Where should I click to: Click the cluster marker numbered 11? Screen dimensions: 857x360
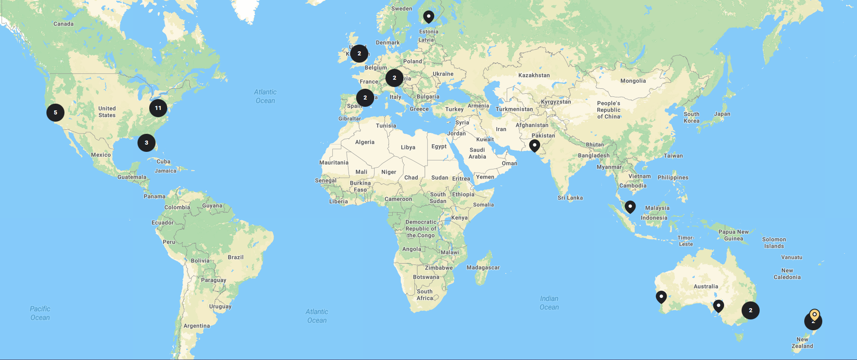tap(158, 108)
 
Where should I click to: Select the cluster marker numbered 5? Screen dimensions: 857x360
tap(55, 113)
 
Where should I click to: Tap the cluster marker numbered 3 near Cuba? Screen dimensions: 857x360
tap(147, 143)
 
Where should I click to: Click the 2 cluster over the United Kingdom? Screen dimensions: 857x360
tap(359, 54)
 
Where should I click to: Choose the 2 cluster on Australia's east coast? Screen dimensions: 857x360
tap(751, 310)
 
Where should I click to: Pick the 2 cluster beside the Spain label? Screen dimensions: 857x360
tap(365, 98)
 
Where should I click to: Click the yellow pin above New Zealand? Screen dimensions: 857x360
tap(814, 314)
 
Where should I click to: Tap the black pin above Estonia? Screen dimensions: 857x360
tap(429, 17)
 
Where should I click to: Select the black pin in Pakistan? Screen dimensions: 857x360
tap(535, 145)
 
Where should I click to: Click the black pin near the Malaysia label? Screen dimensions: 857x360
tap(630, 206)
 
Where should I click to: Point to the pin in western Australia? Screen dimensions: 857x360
tap(661, 296)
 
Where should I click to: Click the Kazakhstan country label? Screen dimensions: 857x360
tap(534, 75)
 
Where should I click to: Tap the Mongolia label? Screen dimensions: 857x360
tap(633, 81)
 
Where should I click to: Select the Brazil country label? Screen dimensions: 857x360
tap(235, 257)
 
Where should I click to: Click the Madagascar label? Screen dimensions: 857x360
tap(483, 268)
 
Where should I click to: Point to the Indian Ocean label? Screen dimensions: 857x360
tap(549, 303)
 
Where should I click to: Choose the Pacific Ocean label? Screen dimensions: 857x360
tap(40, 313)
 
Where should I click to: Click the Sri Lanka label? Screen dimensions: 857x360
tap(570, 198)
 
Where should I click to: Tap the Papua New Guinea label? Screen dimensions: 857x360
tap(733, 235)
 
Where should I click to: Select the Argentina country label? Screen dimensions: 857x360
tap(197, 326)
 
